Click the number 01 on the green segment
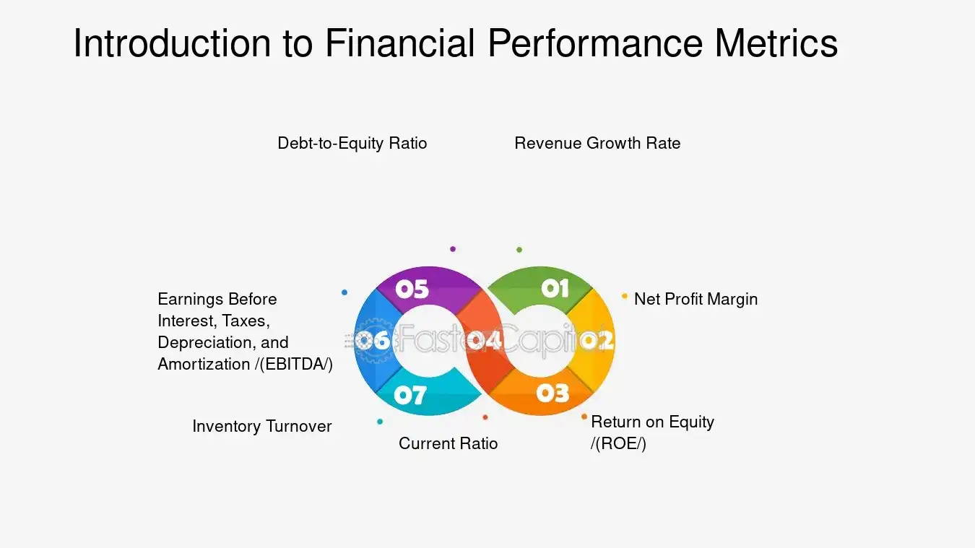pyautogui.click(x=555, y=289)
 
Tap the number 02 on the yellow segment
pyautogui.click(x=597, y=340)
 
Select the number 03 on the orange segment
pyautogui.click(x=553, y=393)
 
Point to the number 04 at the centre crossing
pyautogui.click(x=484, y=340)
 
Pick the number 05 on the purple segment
pyautogui.click(x=412, y=289)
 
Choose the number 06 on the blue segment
pyautogui.click(x=373, y=340)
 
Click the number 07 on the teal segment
pyautogui.click(x=409, y=395)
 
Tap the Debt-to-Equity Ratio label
pyautogui.click(x=352, y=143)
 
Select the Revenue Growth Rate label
pyautogui.click(x=597, y=143)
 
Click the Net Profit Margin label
pyautogui.click(x=695, y=299)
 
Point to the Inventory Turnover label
pyautogui.click(x=261, y=426)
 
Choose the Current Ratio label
pyautogui.click(x=448, y=443)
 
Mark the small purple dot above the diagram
pyautogui.click(x=453, y=249)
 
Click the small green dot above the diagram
pyautogui.click(x=519, y=250)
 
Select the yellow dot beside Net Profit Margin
pyautogui.click(x=625, y=296)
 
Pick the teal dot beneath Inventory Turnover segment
pyautogui.click(x=380, y=422)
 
